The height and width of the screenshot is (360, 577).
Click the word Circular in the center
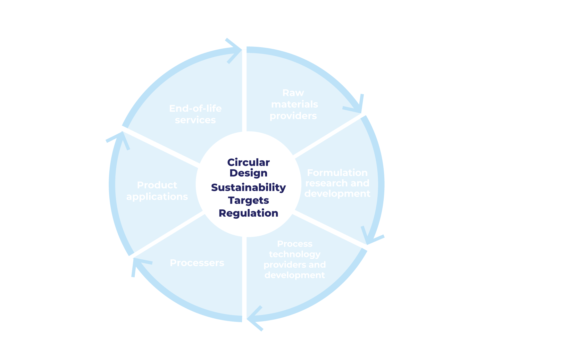[x=248, y=163]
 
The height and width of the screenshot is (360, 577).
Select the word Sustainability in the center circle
[x=248, y=188]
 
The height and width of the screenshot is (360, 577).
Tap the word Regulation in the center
[x=248, y=213]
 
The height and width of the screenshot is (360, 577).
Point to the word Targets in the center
[x=248, y=200]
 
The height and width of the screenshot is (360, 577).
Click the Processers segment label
[x=197, y=263]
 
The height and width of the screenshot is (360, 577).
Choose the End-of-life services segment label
[x=195, y=114]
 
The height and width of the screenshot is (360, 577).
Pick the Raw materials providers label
[x=294, y=104]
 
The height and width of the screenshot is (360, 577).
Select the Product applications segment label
[x=157, y=191]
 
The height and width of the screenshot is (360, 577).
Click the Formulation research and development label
[x=337, y=183]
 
